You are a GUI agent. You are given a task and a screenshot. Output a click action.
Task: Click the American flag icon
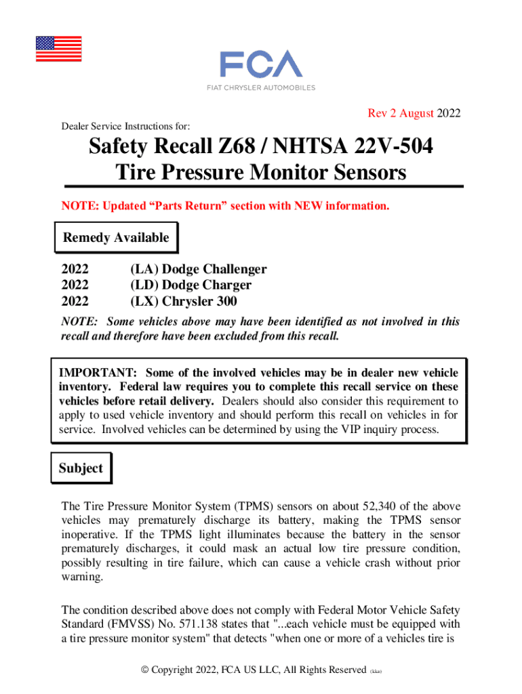click(58, 49)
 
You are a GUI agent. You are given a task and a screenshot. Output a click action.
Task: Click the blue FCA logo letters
click(260, 64)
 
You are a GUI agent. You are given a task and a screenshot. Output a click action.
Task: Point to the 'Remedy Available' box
click(115, 238)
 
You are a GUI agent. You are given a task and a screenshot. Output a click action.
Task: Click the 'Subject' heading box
click(81, 468)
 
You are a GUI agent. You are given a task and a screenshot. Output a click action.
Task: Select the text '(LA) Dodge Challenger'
click(198, 269)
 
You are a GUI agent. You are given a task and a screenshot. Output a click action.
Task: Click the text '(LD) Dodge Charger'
click(190, 285)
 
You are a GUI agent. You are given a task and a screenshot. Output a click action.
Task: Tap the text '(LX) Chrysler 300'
click(184, 302)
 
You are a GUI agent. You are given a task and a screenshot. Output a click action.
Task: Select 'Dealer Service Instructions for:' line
click(125, 127)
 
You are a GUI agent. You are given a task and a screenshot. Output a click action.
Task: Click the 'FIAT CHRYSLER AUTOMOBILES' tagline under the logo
click(260, 87)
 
